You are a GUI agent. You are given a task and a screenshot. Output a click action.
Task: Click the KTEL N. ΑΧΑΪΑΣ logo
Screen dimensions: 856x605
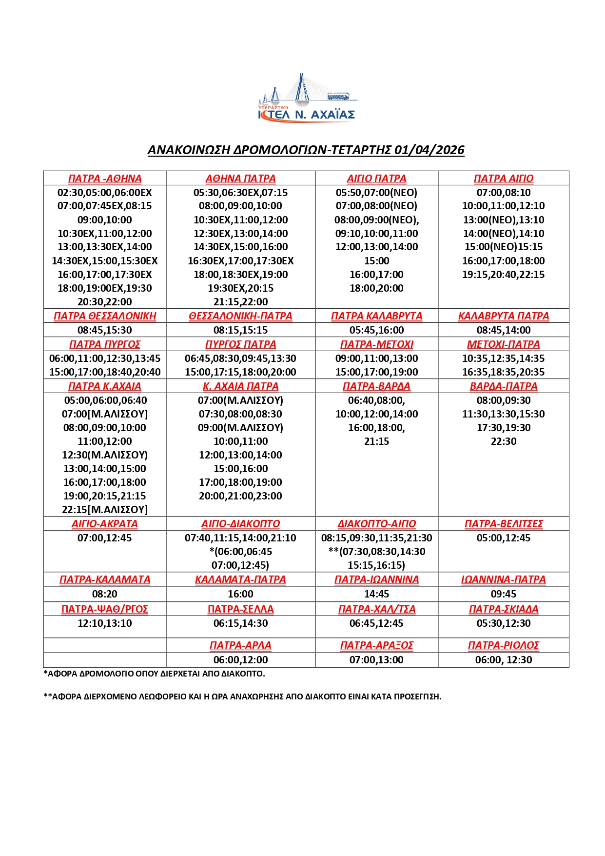(307, 100)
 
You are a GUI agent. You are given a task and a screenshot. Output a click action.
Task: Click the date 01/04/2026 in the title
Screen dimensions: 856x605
(429, 150)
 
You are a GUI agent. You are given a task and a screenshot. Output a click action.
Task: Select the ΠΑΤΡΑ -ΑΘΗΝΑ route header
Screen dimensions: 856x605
(105, 179)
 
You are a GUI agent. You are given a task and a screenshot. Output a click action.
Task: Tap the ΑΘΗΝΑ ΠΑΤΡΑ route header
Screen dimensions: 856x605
(240, 179)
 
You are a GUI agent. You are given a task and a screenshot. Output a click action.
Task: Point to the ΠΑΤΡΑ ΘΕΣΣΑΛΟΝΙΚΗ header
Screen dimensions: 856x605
(105, 316)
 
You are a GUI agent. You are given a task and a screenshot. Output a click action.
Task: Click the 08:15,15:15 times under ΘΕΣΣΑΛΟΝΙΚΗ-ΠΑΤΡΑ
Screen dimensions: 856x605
(240, 330)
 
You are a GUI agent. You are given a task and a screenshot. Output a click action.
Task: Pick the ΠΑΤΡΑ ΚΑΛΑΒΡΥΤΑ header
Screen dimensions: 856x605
(376, 316)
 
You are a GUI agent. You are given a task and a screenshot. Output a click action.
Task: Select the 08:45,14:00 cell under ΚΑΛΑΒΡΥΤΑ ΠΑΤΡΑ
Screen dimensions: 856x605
(503, 330)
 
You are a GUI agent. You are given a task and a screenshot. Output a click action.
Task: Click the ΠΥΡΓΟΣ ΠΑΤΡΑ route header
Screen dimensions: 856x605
(240, 344)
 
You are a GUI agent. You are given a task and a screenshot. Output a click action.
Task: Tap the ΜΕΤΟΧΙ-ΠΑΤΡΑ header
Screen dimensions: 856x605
(503, 344)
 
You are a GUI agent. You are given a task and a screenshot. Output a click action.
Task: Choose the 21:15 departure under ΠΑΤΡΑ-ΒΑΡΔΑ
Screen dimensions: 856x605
(376, 441)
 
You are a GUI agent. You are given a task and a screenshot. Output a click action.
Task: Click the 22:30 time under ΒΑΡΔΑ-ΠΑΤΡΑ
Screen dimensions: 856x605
(503, 441)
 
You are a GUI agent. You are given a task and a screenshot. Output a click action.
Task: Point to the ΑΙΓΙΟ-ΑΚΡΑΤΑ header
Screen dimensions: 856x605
(105, 524)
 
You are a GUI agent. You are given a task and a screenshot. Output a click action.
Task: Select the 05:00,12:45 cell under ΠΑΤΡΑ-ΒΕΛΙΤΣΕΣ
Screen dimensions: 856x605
(503, 538)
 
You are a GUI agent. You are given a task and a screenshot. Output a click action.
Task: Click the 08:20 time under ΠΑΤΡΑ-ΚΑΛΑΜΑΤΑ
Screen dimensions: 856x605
(105, 594)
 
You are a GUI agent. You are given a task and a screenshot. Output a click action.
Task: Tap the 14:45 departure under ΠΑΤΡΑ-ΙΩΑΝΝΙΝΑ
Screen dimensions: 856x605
(376, 594)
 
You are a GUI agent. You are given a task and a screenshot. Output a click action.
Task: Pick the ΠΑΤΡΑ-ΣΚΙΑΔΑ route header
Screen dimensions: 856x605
(503, 609)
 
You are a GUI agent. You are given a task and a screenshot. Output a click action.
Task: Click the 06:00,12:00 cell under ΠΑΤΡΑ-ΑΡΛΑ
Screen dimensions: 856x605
(240, 660)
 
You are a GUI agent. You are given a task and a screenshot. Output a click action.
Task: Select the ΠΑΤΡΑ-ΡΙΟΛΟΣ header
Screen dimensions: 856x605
(503, 645)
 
